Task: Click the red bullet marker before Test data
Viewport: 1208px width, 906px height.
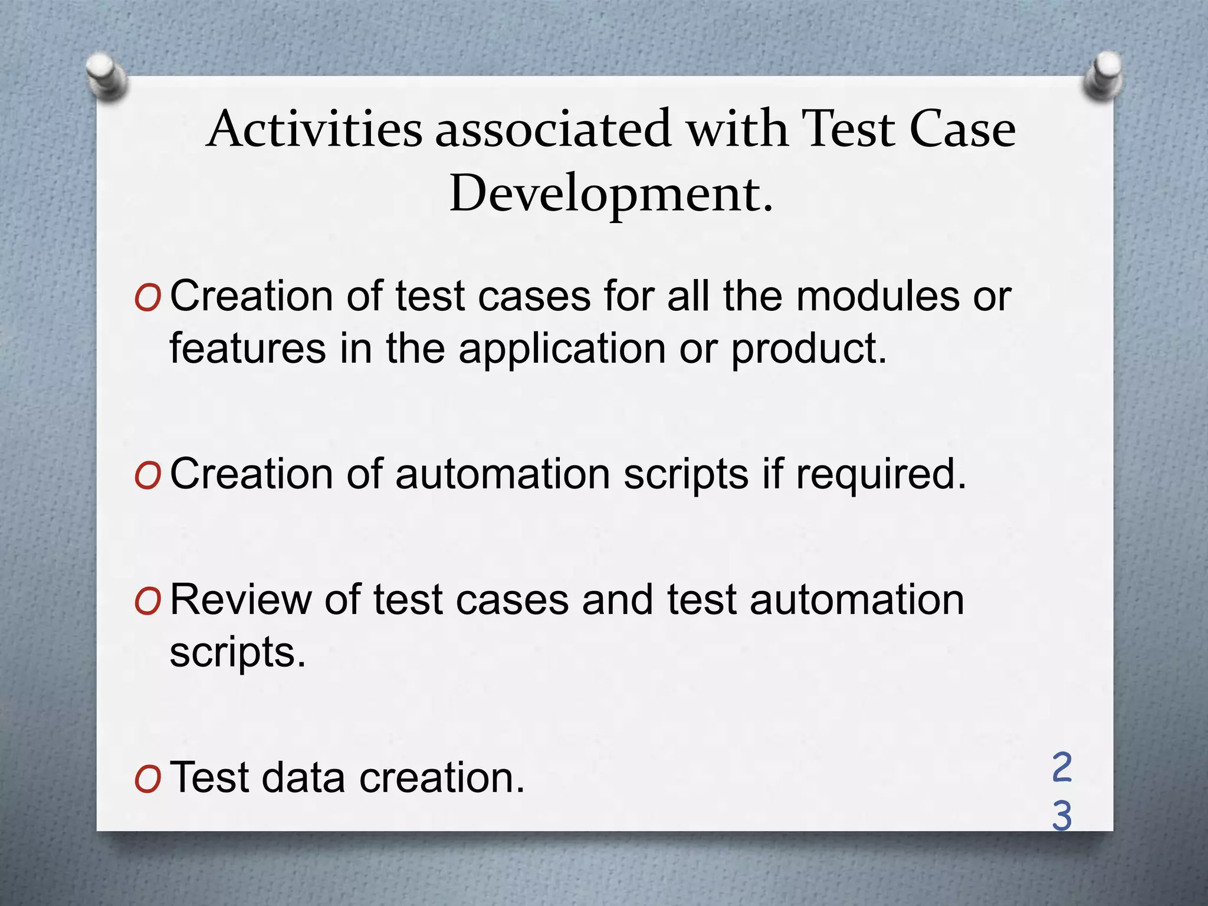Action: click(x=147, y=781)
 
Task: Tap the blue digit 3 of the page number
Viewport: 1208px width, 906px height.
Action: click(x=1062, y=816)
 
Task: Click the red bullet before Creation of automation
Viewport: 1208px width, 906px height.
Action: click(x=147, y=477)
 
